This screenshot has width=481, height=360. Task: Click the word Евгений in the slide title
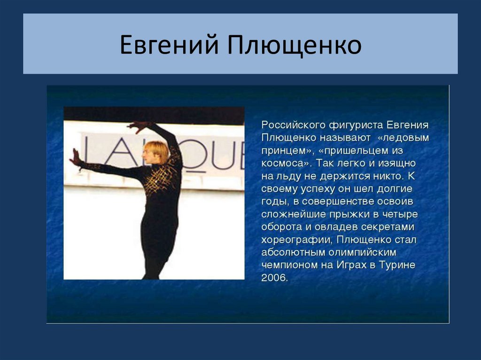(x=169, y=46)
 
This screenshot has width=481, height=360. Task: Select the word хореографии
(x=292, y=240)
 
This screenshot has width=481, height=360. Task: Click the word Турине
(x=398, y=265)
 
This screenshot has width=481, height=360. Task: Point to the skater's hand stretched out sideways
(x=76, y=158)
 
